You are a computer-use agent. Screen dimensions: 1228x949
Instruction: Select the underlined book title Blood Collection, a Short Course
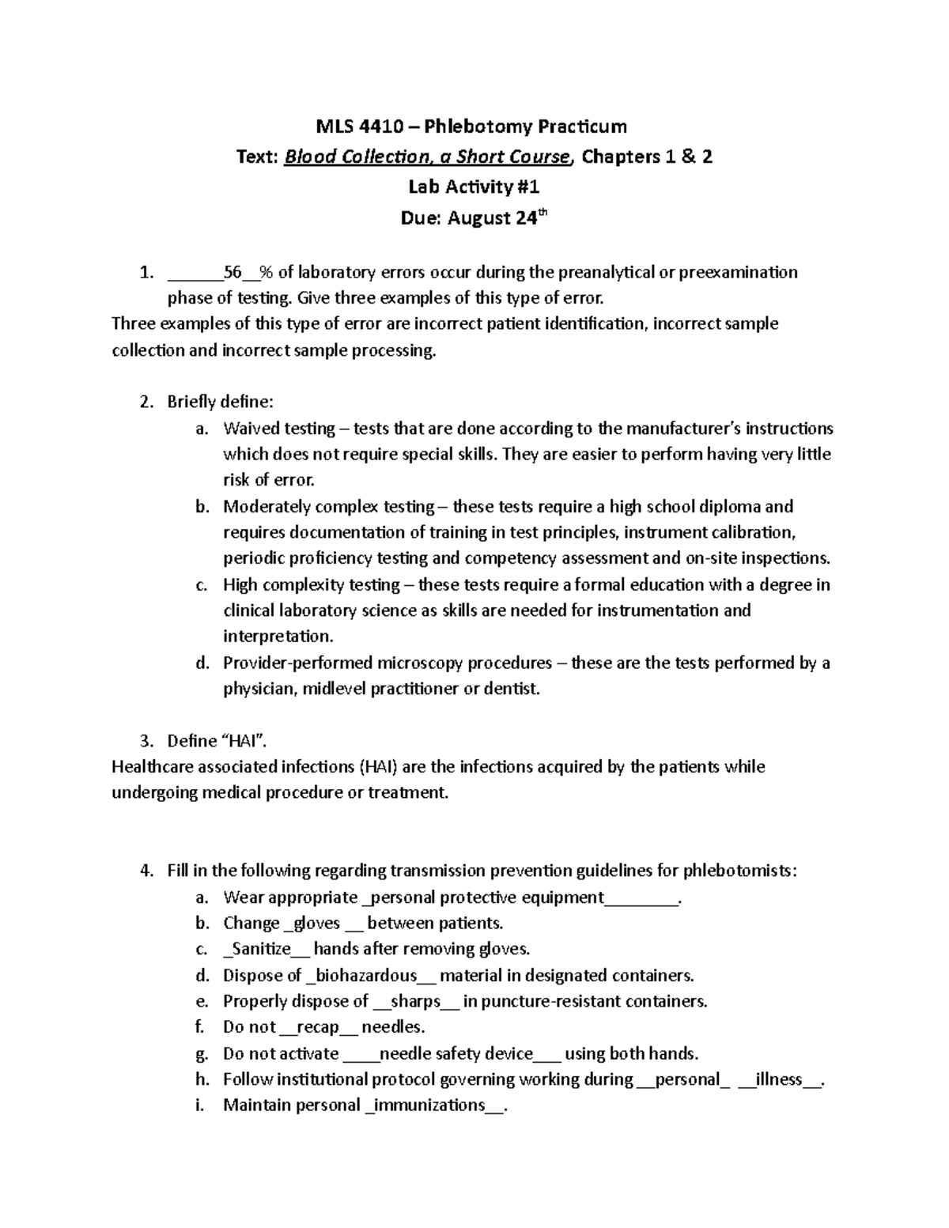coord(426,157)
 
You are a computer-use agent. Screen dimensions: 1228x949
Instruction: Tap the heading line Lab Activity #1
coord(474,187)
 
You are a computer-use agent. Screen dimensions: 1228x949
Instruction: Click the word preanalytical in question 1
coord(607,273)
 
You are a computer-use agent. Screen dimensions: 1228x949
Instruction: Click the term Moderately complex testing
coord(329,506)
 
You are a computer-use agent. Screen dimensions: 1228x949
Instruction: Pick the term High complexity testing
coord(312,584)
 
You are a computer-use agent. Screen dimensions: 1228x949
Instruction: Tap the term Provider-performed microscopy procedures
coord(388,663)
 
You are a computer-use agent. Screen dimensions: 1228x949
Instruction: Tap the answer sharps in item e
coord(415,1001)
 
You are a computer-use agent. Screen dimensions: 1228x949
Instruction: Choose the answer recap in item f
coord(319,1027)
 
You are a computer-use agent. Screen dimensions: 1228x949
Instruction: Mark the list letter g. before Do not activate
coord(201,1054)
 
